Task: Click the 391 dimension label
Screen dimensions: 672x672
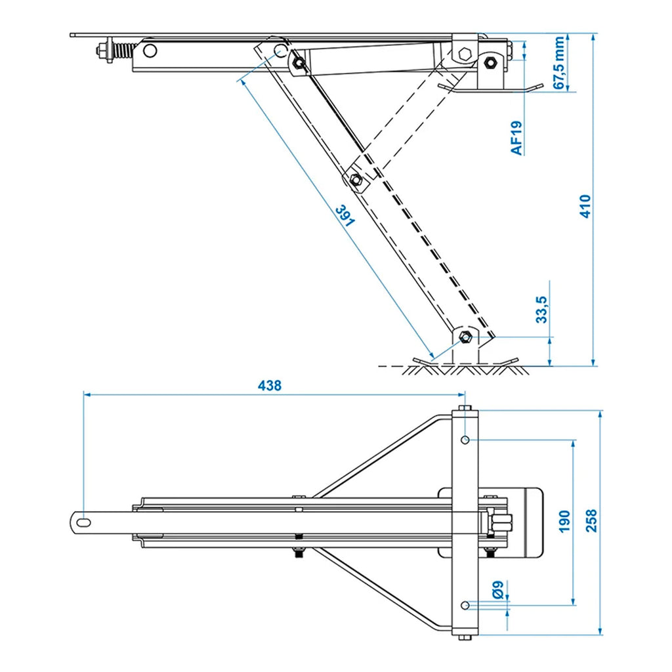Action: point(345,216)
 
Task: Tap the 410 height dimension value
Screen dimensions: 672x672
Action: point(586,206)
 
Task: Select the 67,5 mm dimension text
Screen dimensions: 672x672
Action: point(558,63)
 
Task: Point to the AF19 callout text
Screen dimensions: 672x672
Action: point(517,138)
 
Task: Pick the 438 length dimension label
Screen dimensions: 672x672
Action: point(269,386)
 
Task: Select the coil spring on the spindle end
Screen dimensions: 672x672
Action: point(122,50)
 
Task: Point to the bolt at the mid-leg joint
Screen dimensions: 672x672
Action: point(356,180)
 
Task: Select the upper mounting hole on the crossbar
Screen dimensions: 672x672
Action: point(465,439)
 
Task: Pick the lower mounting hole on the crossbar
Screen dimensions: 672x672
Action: point(465,604)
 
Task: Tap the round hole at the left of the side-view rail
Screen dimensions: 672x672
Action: point(150,51)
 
